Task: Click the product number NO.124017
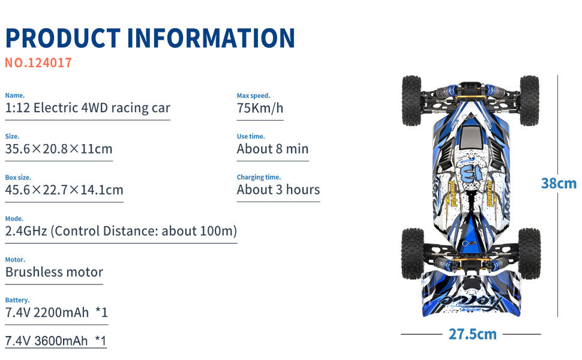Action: tap(38, 62)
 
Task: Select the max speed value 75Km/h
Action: tap(260, 108)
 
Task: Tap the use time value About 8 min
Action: tap(272, 149)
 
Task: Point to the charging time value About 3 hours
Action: tap(278, 190)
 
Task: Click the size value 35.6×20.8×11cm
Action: tap(59, 149)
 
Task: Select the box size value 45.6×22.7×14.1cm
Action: tap(64, 190)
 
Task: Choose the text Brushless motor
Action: tap(54, 272)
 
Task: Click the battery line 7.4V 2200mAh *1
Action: tap(56, 312)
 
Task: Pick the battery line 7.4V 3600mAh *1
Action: tap(56, 341)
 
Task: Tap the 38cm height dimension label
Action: tap(559, 184)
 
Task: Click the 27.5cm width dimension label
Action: tap(472, 334)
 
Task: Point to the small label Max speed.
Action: tap(253, 95)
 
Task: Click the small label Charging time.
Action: tap(259, 177)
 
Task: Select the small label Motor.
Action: tap(15, 259)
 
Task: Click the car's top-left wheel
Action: tap(412, 100)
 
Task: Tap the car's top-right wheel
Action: tap(529, 100)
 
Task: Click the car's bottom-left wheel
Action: tap(412, 253)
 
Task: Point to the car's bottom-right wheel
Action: tap(529, 253)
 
